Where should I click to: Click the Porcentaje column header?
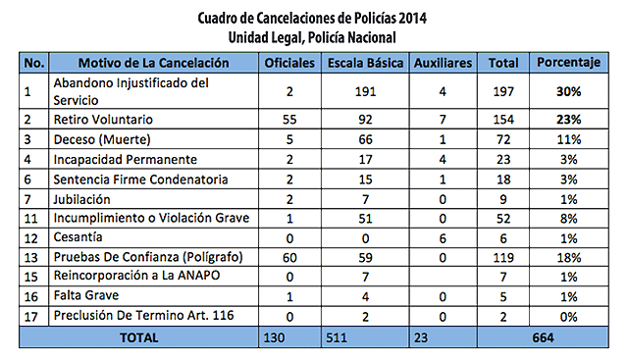click(569, 63)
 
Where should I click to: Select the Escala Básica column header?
click(365, 63)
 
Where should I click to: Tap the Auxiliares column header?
click(443, 63)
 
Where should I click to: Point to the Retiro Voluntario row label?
click(103, 120)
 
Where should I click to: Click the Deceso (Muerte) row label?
click(102, 139)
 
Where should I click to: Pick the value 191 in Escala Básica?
click(365, 91)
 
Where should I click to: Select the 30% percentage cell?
click(569, 91)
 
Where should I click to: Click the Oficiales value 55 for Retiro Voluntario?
click(289, 120)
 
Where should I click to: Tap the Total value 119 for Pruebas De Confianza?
click(503, 257)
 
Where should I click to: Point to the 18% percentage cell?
click(569, 257)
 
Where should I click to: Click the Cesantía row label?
click(78, 237)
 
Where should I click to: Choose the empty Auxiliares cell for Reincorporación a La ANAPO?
click(443, 277)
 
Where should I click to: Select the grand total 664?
click(543, 337)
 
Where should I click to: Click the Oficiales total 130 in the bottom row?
click(274, 337)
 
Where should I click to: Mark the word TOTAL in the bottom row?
click(139, 337)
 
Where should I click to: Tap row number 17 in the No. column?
click(30, 317)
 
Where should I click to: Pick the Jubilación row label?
click(81, 199)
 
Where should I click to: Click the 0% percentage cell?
click(569, 317)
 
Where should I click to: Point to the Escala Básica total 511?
click(337, 337)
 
